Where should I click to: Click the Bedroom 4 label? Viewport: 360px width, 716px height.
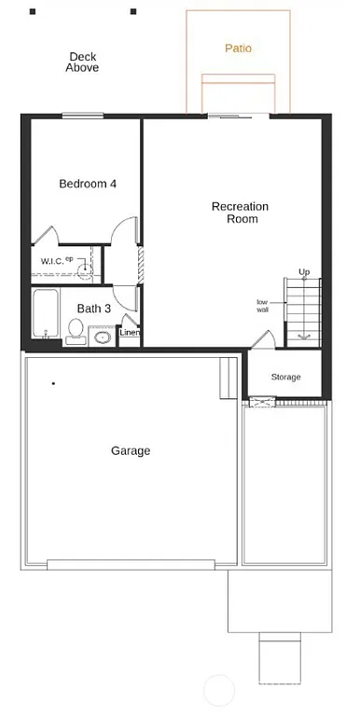(88, 184)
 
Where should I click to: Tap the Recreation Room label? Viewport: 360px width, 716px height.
(241, 213)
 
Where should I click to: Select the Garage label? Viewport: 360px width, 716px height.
(131, 451)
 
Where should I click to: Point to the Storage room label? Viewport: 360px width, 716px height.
(286, 377)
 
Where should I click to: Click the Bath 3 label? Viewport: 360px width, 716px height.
(94, 309)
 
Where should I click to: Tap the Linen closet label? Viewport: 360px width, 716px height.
(130, 333)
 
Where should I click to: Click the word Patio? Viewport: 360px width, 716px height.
(239, 48)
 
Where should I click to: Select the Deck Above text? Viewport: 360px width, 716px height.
(82, 62)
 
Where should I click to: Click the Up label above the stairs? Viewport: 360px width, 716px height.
(304, 272)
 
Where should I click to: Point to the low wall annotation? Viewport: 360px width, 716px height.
(263, 306)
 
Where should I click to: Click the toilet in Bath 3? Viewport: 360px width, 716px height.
(76, 329)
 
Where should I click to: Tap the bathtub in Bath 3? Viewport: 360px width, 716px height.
(45, 315)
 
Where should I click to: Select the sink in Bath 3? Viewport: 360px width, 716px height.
(102, 335)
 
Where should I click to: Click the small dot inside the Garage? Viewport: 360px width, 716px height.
(54, 383)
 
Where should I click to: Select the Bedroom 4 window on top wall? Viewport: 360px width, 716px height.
(82, 116)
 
